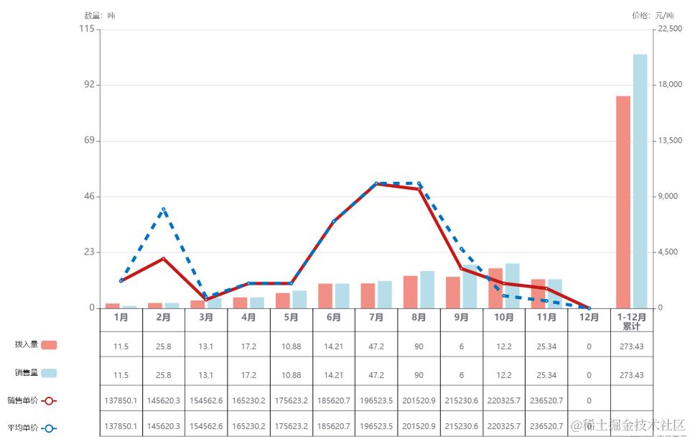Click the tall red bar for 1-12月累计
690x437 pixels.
pos(623,201)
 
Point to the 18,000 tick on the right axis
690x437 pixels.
pos(670,85)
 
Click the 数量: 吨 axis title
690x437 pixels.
pos(99,15)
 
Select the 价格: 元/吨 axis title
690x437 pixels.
pos(653,15)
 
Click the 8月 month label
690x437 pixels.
pos(419,317)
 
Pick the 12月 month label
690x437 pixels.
pos(589,317)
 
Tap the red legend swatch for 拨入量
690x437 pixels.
pos(49,345)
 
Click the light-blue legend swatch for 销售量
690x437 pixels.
pos(49,373)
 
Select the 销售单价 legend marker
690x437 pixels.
pos(49,400)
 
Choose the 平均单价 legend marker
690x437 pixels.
pos(49,428)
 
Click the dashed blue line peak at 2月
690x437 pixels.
pos(164,209)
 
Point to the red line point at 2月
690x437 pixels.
pos(164,259)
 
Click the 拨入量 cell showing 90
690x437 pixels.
pos(419,346)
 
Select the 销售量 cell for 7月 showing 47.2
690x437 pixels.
pos(376,375)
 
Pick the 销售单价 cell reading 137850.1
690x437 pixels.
pos(121,400)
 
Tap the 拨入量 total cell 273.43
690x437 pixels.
pos(631,346)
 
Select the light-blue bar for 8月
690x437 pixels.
pos(427,290)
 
